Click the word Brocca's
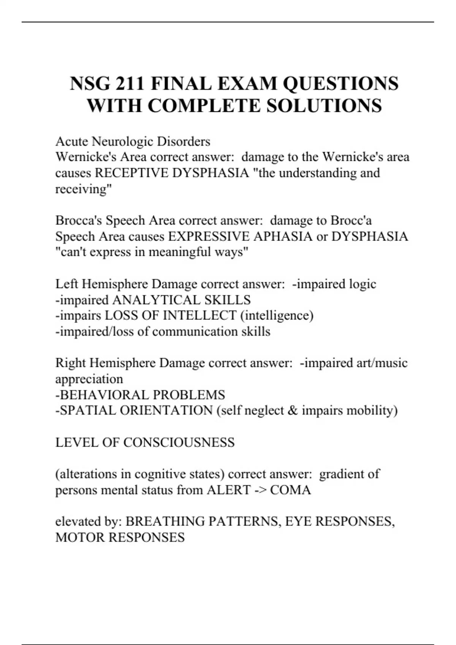pyautogui.click(x=79, y=220)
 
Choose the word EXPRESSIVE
pyautogui.click(x=209, y=236)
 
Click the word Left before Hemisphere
pyautogui.click(x=67, y=284)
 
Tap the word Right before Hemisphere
pyautogui.click(x=71, y=363)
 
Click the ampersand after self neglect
pyautogui.click(x=293, y=411)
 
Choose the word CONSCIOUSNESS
pyautogui.click(x=179, y=442)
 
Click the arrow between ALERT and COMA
pyautogui.click(x=260, y=490)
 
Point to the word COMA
pyautogui.click(x=291, y=490)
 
